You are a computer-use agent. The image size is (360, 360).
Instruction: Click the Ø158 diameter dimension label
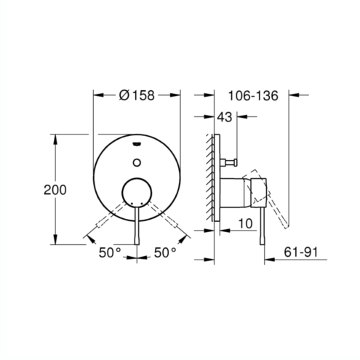point(137,95)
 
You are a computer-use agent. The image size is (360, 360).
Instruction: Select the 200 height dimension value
point(55,190)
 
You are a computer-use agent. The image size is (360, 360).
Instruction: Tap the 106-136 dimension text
point(253,96)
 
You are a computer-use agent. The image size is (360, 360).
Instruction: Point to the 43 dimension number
point(224,117)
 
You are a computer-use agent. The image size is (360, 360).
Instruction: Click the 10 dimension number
point(245,223)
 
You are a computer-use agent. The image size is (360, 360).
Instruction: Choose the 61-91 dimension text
point(300,252)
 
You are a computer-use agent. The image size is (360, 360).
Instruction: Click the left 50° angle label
point(110,252)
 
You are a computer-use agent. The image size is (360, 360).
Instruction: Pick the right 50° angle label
point(165,252)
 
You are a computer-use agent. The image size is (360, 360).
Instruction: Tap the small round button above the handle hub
point(137,162)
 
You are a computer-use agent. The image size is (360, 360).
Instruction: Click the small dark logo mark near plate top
point(137,145)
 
